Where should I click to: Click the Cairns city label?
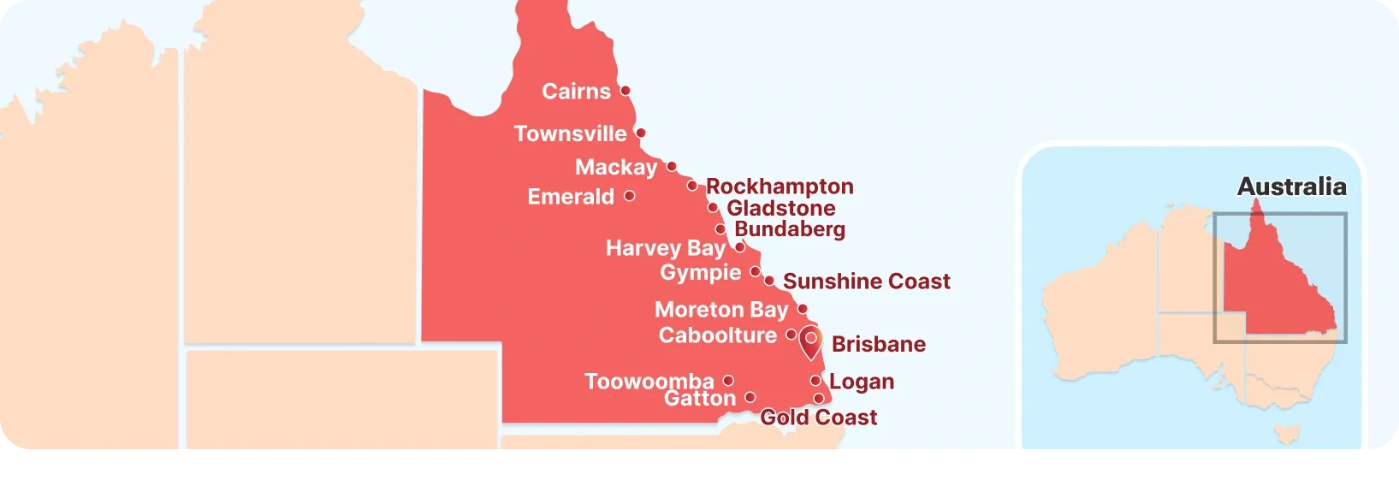[576, 92]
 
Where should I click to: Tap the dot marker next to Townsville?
[641, 133]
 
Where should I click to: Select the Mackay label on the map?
[616, 167]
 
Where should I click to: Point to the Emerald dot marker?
[630, 196]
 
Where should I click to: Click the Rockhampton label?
[780, 187]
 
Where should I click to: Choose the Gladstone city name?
[780, 208]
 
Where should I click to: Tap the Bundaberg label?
[789, 229]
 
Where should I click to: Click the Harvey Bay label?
[665, 248]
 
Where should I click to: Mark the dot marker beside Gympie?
[756, 271]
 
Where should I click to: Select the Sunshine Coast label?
[866, 281]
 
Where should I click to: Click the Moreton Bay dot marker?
[803, 309]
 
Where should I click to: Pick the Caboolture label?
[717, 335]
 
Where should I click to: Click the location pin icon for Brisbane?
[810, 342]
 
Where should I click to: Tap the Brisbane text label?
[878, 344]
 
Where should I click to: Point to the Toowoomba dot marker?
[728, 381]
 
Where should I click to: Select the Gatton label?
[699, 399]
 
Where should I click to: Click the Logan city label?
[861, 382]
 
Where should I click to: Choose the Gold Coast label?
[818, 418]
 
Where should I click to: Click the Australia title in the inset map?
[1291, 187]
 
